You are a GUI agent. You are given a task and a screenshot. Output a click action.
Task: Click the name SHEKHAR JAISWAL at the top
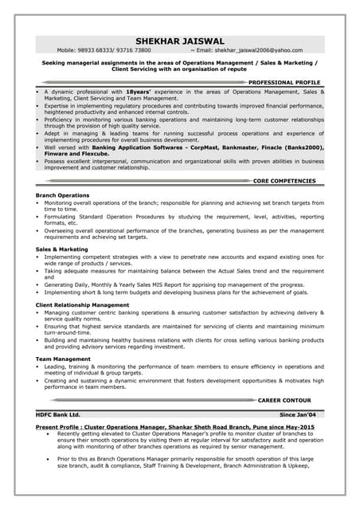tap(180, 41)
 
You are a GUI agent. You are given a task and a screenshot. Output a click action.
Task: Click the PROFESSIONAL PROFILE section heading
tap(284, 82)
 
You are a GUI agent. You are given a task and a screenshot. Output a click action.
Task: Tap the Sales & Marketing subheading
tap(62, 249)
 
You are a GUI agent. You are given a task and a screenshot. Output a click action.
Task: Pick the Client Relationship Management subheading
tap(83, 304)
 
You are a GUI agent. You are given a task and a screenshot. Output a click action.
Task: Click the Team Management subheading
tap(64, 359)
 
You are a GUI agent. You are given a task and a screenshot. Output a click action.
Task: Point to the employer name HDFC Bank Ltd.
tap(58, 414)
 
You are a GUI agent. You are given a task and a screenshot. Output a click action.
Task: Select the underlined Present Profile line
tap(175, 427)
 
